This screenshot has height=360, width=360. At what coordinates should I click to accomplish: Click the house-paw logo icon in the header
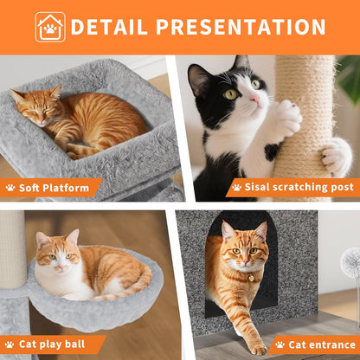coord(49,27)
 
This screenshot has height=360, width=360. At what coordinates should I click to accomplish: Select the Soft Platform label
coord(59,187)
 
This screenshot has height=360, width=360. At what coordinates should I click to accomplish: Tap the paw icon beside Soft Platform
coord(10,187)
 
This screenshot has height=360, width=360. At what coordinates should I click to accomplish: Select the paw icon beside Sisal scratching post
coord(236,187)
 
